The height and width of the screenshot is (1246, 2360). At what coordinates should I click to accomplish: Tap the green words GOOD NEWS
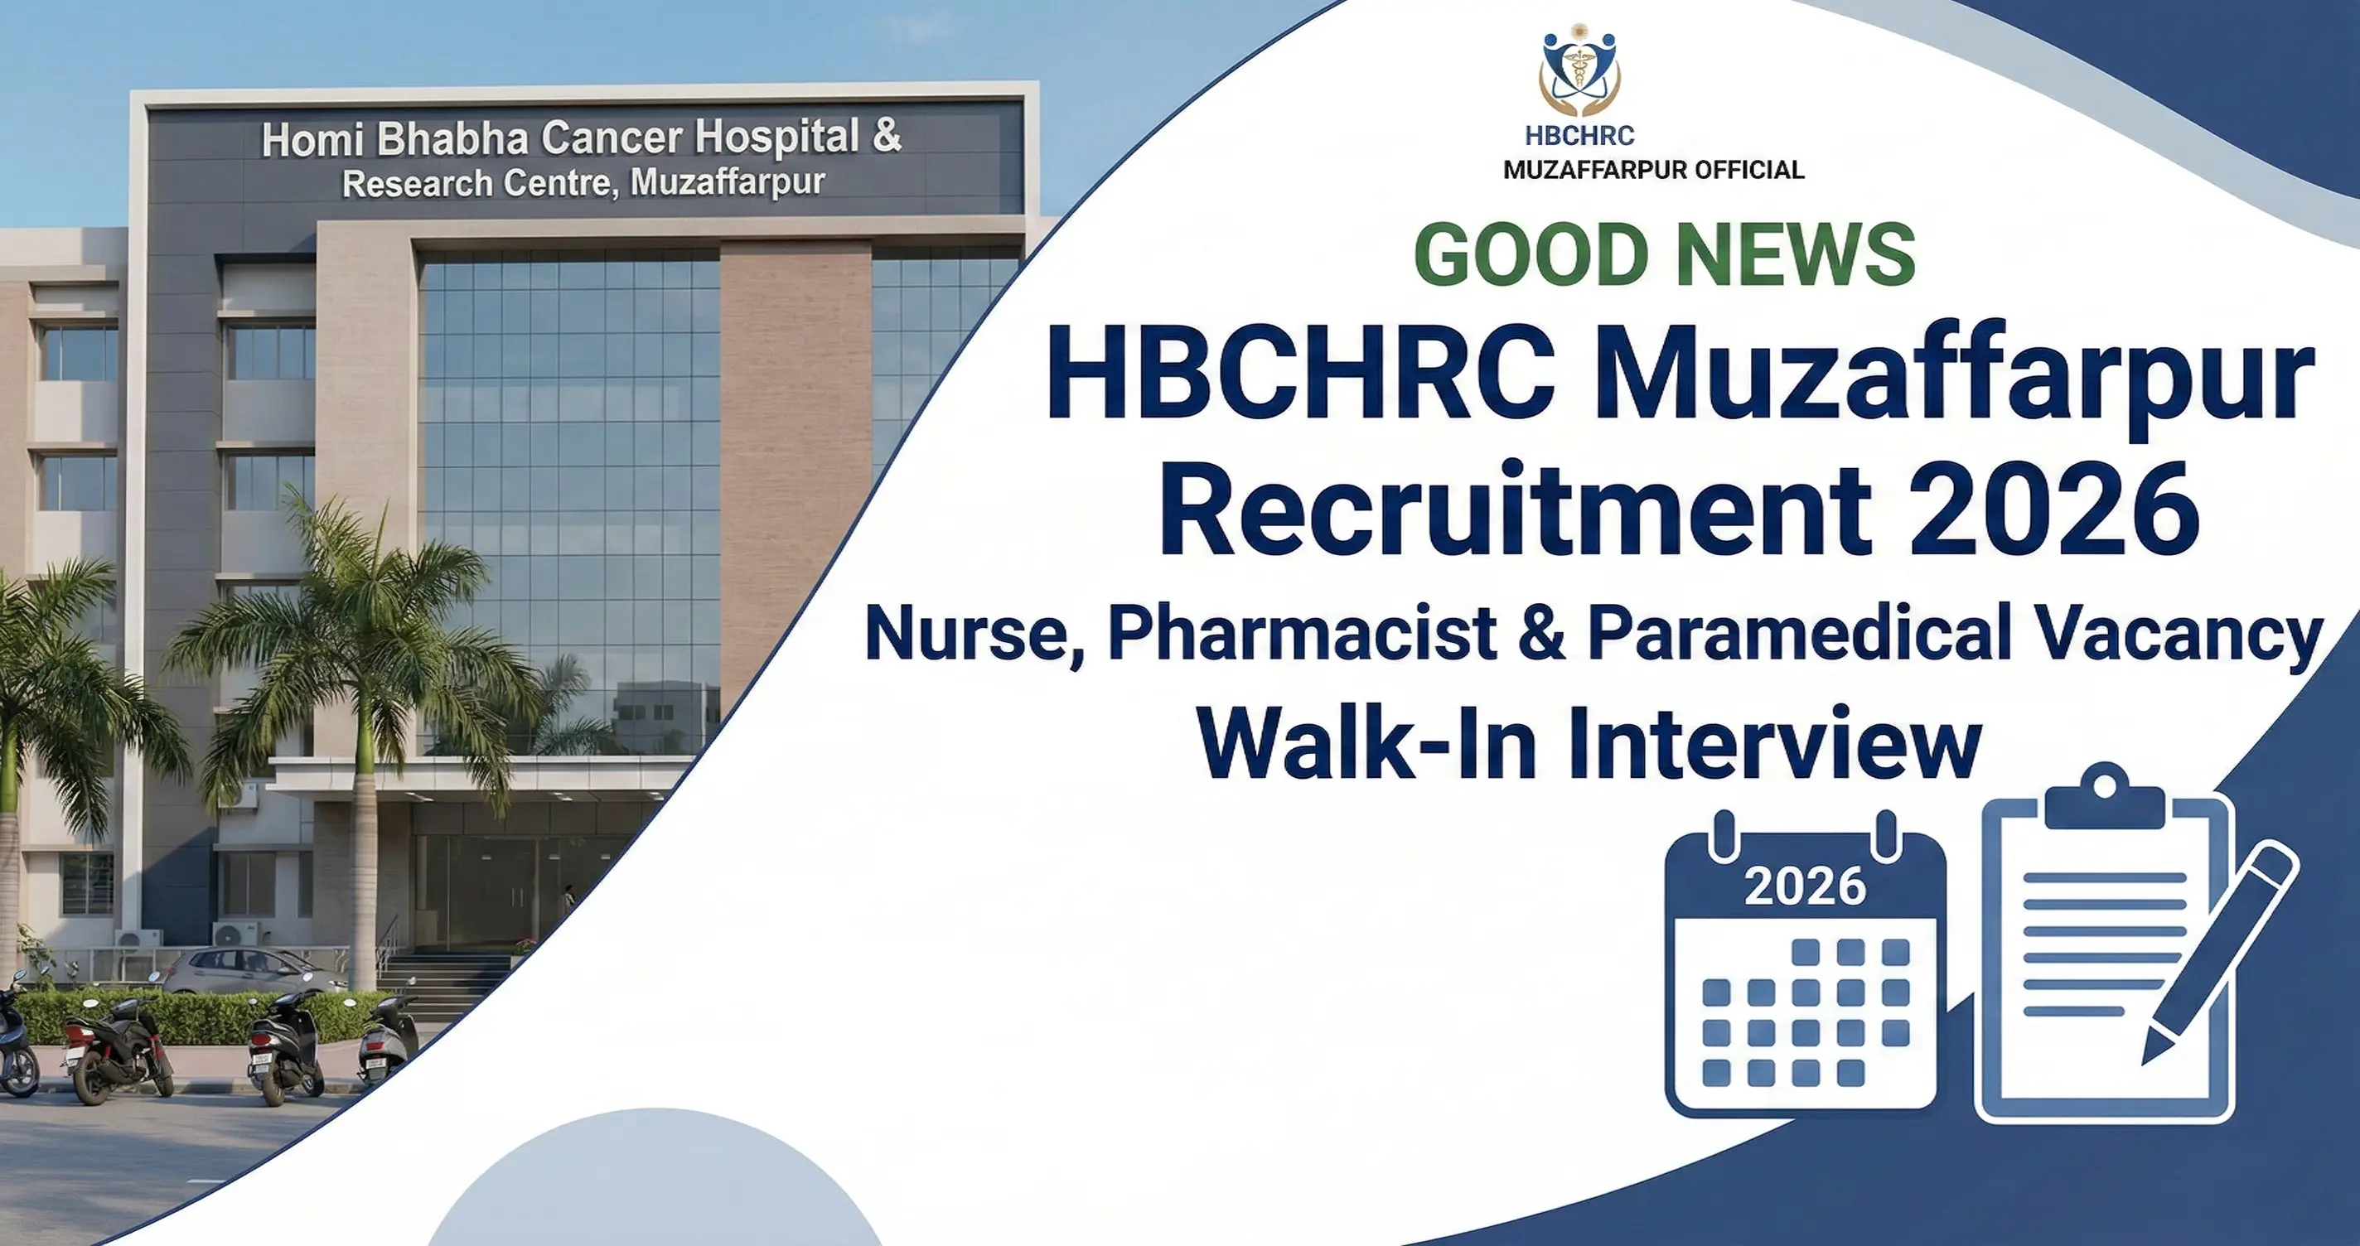[x=1664, y=256]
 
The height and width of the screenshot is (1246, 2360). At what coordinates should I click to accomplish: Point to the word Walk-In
[x=1365, y=744]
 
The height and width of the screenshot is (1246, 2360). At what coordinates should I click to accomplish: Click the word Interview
[x=1773, y=744]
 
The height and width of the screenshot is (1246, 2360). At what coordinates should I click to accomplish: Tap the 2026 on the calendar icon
[x=1805, y=886]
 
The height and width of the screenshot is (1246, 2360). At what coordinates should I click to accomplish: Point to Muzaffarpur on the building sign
[x=728, y=181]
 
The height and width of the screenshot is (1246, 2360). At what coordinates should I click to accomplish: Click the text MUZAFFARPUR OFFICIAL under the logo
[x=1654, y=171]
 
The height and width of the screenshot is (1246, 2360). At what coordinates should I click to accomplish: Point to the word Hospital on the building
[x=777, y=137]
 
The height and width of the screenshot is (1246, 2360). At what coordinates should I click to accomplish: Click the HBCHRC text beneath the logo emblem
[x=1579, y=137]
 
